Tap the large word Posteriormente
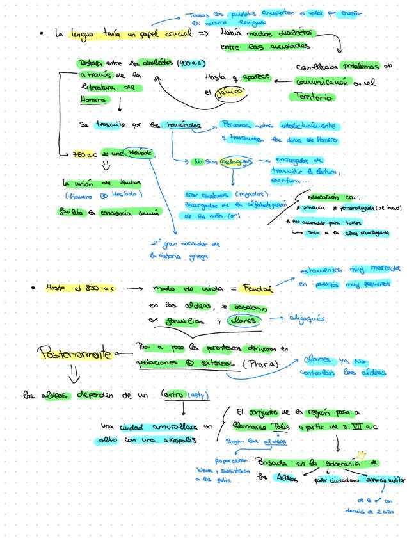76,352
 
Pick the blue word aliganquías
307,318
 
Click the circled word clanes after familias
243,320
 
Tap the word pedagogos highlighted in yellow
235,161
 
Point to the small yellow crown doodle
361,455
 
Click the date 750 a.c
84,154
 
